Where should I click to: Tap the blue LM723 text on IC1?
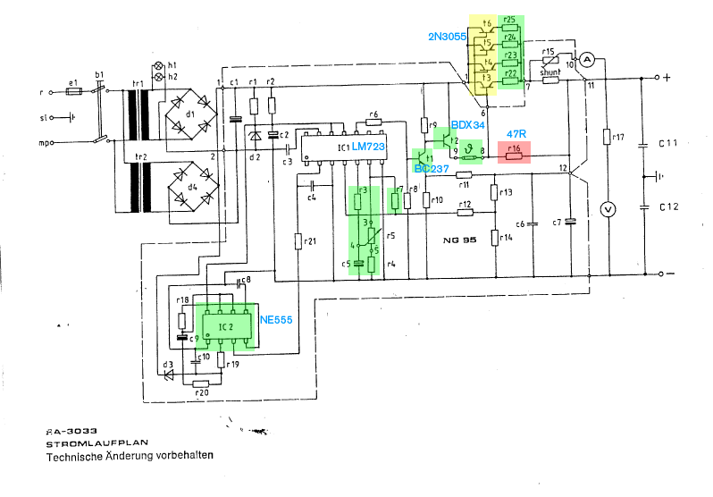coord(368,145)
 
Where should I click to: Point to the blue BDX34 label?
coord(467,124)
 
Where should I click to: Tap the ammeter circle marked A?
coord(587,58)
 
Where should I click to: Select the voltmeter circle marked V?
coord(608,209)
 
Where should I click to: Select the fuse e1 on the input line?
coord(74,92)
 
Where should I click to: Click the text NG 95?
coord(461,240)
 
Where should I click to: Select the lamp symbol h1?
coord(159,67)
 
